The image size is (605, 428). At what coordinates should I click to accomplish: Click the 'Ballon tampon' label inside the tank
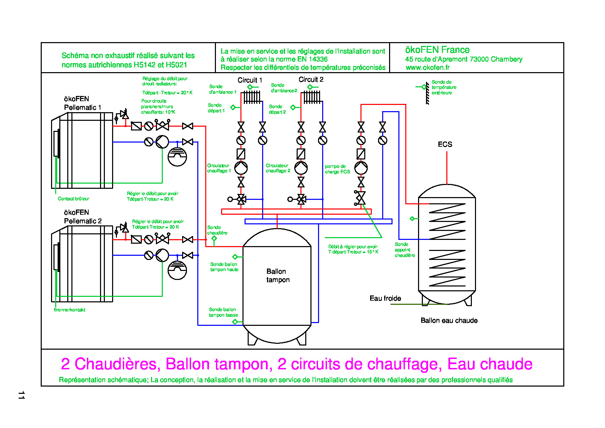tap(278, 275)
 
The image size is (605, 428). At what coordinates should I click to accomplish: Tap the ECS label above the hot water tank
tap(445, 144)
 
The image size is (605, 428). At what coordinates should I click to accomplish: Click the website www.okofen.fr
tap(427, 68)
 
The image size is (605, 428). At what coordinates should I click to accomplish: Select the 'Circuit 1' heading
tap(250, 80)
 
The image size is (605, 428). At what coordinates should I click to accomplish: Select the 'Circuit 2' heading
tap(311, 79)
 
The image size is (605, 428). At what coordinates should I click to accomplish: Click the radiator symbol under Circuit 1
tap(252, 97)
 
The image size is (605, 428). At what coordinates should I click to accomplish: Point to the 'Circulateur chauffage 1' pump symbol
tap(241, 168)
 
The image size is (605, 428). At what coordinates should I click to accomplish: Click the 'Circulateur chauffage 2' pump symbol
tap(301, 168)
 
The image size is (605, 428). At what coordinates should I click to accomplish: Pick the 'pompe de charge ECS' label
tap(337, 169)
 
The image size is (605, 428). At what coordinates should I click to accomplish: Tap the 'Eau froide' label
tap(385, 298)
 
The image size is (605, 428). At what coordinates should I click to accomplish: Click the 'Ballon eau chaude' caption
tap(449, 320)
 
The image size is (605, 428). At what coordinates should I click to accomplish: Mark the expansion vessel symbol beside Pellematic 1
tap(177, 157)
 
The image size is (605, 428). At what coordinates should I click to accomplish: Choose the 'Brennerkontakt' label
tap(69, 310)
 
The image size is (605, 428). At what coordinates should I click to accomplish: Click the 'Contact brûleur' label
tap(73, 199)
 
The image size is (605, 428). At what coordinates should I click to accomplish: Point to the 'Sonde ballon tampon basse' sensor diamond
tap(235, 322)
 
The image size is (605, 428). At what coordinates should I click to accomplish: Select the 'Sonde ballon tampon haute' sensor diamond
tap(235, 257)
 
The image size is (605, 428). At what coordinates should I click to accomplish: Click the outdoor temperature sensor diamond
tap(424, 87)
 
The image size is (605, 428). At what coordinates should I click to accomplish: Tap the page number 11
tap(21, 395)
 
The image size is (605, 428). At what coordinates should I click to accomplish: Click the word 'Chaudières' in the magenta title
tap(117, 364)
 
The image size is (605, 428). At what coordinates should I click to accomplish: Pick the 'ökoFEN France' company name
tap(437, 50)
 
